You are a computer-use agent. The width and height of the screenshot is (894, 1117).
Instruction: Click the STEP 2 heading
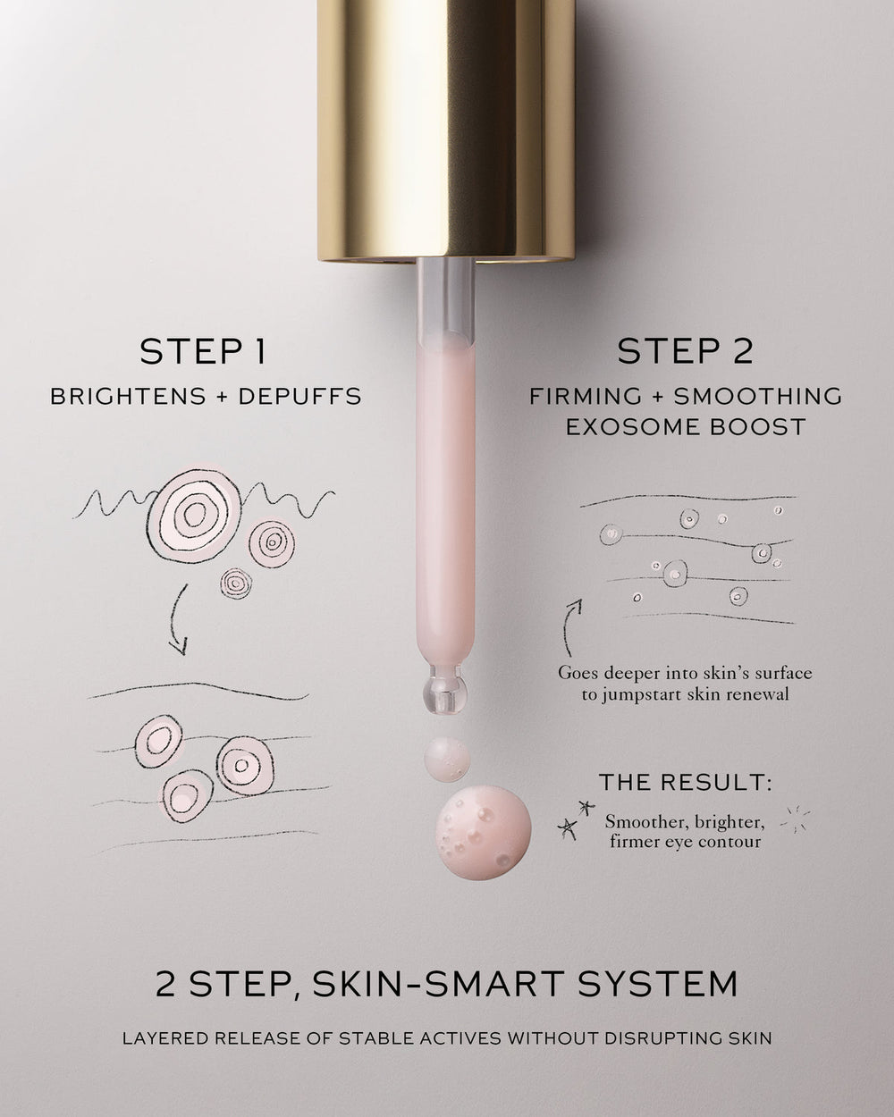(x=685, y=351)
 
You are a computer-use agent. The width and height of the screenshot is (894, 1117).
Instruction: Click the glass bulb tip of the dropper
(x=445, y=685)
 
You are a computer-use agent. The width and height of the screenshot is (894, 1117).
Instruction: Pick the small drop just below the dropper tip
(x=445, y=756)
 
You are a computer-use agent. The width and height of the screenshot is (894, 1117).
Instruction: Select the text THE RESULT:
(x=685, y=783)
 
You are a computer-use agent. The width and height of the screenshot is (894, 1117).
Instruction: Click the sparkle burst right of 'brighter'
(x=795, y=819)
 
